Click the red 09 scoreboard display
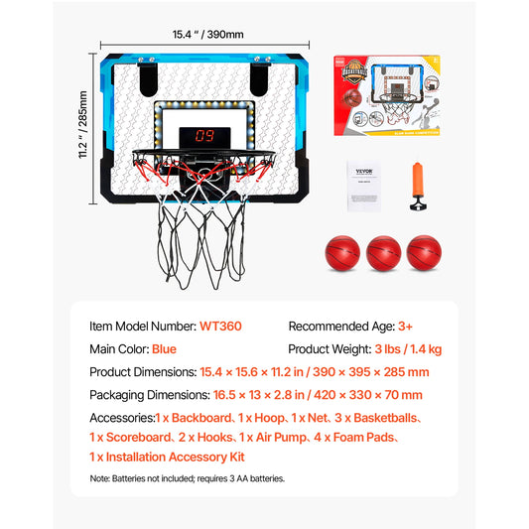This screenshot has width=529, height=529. pos(205,136)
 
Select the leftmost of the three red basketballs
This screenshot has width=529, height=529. pos(340,252)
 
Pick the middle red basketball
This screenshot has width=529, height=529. pos(382,252)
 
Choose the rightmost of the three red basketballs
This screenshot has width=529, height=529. pos(424,252)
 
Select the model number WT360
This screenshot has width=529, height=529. pos(220,326)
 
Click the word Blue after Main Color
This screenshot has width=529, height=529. pos(164,349)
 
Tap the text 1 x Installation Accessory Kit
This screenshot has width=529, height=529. pos(167,457)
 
